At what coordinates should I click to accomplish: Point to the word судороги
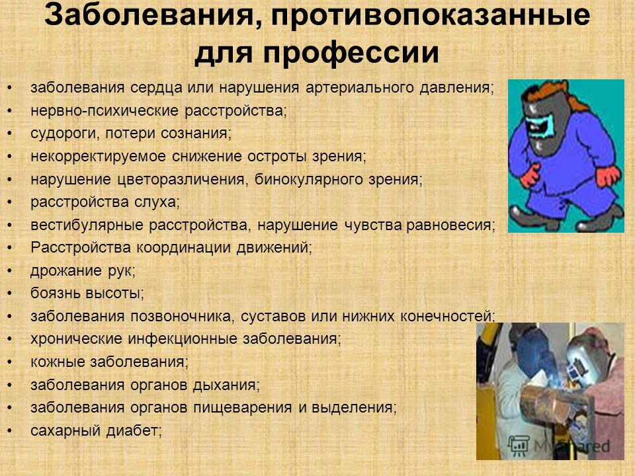pyautogui.click(x=64, y=134)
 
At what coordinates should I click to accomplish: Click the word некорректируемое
pyautogui.click(x=99, y=156)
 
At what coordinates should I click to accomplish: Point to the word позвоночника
pyautogui.click(x=181, y=317)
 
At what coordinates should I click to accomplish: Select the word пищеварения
pyautogui.click(x=242, y=408)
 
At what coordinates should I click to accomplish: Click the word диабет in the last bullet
pyautogui.click(x=132, y=430)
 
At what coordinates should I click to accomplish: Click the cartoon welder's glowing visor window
pyautogui.click(x=540, y=126)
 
